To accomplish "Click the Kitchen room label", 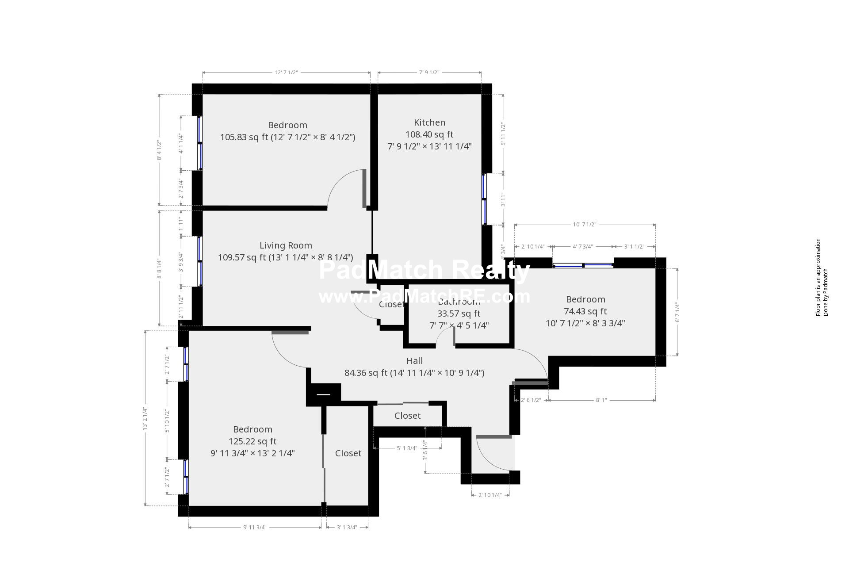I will click(x=429, y=122).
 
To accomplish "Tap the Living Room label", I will click(x=286, y=245).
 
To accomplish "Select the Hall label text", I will click(x=414, y=361).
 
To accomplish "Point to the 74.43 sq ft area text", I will click(x=585, y=311).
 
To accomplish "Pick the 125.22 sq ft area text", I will click(x=252, y=441).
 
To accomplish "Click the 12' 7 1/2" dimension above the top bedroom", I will click(x=286, y=73).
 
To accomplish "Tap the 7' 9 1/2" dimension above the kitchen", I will click(x=429, y=73).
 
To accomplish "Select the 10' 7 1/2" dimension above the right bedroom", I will click(x=585, y=225).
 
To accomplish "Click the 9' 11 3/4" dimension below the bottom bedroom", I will click(x=255, y=527).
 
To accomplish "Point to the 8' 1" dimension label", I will click(x=601, y=400).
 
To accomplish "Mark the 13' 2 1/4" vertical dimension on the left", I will click(x=145, y=418).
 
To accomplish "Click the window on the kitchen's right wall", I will click(x=484, y=199).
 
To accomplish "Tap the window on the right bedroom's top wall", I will click(x=583, y=265).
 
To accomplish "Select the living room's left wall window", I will click(x=200, y=261).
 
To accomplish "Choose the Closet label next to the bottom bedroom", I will click(x=348, y=453).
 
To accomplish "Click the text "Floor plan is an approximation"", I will click(x=818, y=277).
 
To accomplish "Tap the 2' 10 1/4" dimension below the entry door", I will click(x=490, y=495).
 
